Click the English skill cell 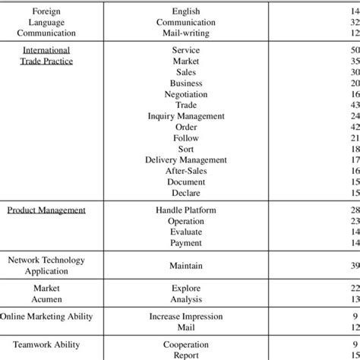185,11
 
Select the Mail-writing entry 185,33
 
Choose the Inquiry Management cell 185,115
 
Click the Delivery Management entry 185,160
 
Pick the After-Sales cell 185,171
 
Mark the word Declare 185,193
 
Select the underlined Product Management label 46,209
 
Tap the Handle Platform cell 185,209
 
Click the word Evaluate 185,231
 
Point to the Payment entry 185,242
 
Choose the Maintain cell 185,266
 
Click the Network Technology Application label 46,265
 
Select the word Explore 185,289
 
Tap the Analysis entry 185,299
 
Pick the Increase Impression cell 185,316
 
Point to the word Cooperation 185,343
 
